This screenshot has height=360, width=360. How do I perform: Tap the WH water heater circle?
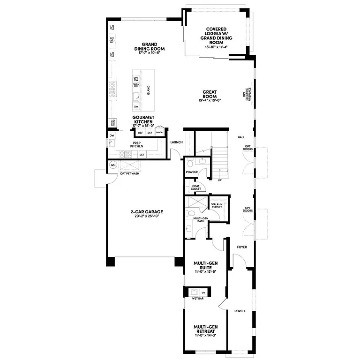click(x=113, y=165)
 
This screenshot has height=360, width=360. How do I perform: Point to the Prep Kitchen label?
click(x=136, y=145)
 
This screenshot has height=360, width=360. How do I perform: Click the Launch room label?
click(x=176, y=142)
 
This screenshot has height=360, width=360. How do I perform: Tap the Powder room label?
click(x=192, y=172)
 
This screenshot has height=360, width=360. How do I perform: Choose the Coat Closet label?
click(x=196, y=188)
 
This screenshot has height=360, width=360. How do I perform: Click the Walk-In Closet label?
click(x=217, y=206)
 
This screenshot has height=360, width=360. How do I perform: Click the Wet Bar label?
click(x=197, y=299)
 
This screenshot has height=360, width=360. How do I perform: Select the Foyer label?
click(x=242, y=247)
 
